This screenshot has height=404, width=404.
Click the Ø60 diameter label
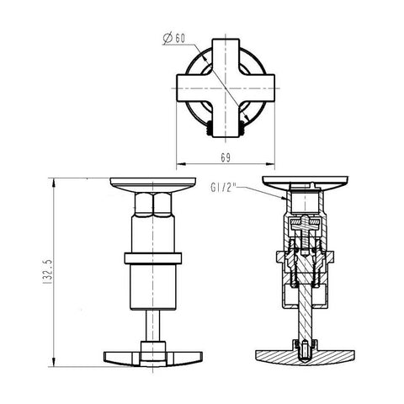click(x=174, y=38)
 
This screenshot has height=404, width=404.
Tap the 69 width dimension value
click(x=226, y=158)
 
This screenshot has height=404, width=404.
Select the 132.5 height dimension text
click(x=47, y=272)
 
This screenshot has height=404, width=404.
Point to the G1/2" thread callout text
click(x=222, y=188)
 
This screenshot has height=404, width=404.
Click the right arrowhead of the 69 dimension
click(x=270, y=164)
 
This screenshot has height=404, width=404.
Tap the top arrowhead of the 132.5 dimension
click(x=54, y=183)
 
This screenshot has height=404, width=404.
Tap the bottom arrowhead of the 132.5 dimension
click(x=54, y=362)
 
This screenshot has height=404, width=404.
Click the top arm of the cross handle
click(x=226, y=56)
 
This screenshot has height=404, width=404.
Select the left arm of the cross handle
click(x=194, y=88)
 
